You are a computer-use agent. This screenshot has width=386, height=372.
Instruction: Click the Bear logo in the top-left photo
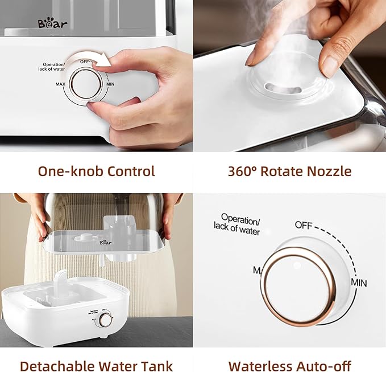[x=52, y=23]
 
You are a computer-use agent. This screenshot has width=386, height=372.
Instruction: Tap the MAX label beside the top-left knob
[x=61, y=84]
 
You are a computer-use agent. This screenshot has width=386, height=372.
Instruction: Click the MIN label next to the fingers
[x=111, y=84]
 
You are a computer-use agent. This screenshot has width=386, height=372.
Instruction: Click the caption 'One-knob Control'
[x=96, y=171]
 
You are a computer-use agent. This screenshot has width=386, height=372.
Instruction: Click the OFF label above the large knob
[x=302, y=225]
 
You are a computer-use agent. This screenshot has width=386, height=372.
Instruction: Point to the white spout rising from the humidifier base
[x=61, y=282]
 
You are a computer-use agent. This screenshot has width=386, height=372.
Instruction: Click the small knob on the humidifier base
[x=105, y=320]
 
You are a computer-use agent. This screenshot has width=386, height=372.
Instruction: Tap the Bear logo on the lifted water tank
[x=105, y=242]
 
